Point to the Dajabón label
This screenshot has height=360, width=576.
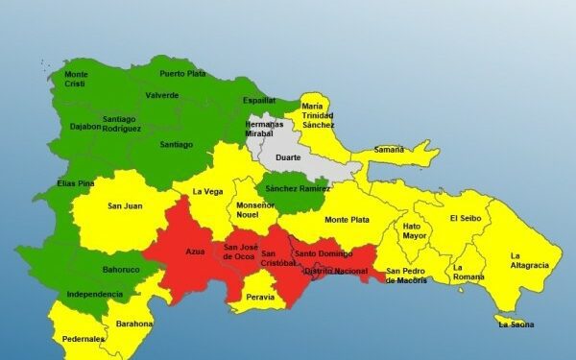84,126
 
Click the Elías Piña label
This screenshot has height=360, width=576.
74,182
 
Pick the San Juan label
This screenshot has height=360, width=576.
125,205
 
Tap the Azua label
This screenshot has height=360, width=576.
195,252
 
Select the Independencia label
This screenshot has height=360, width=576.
94,294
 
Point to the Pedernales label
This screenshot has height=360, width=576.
83,339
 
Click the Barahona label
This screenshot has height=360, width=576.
134,324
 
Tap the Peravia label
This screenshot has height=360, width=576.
260,298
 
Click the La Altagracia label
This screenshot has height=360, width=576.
529,260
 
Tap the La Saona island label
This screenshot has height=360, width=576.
516,324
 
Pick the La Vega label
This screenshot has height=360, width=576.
207,191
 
